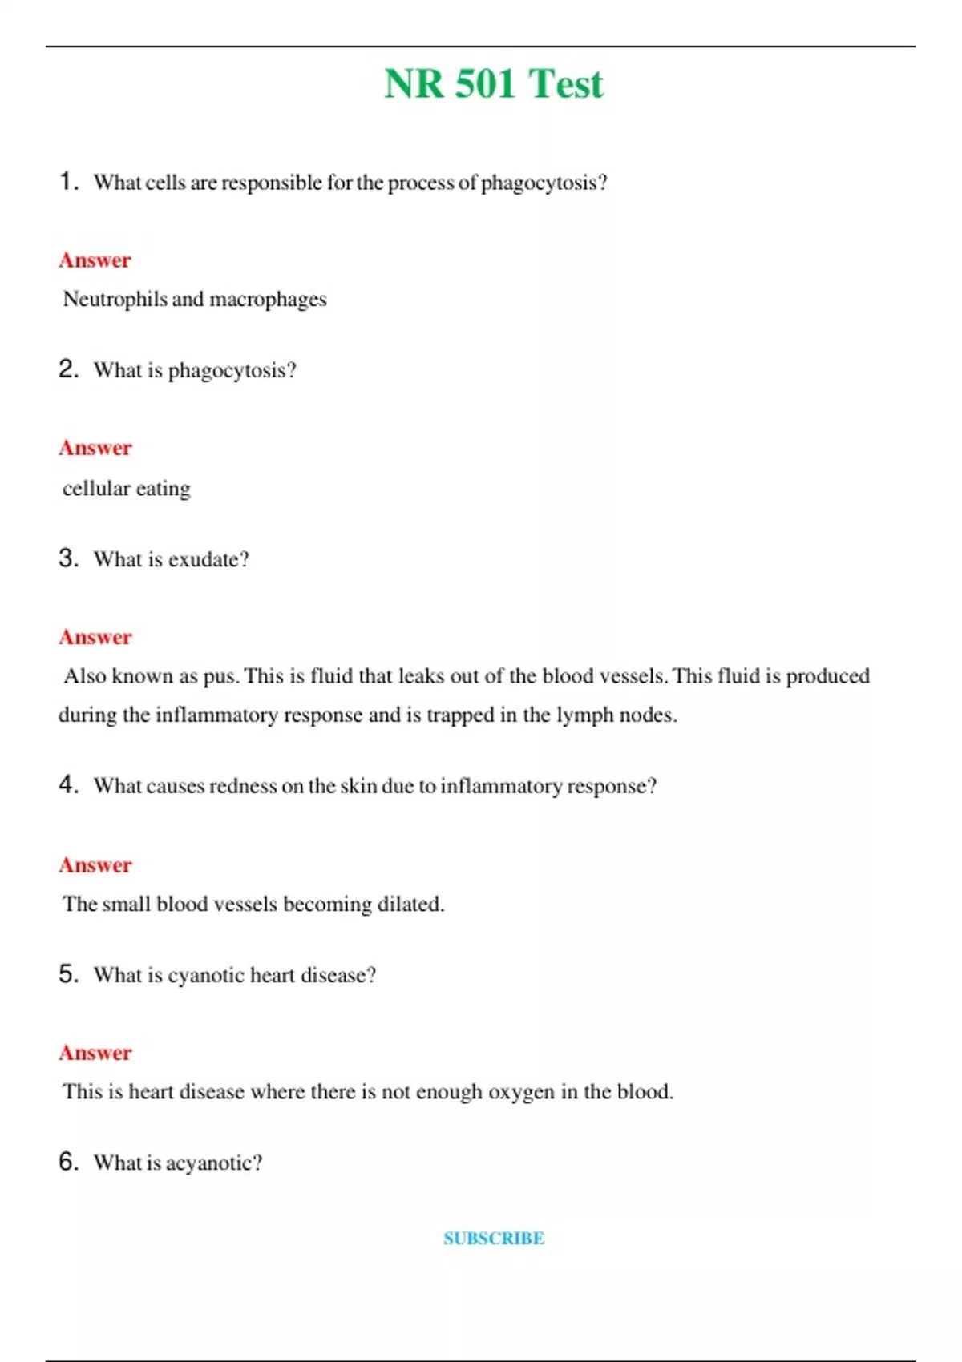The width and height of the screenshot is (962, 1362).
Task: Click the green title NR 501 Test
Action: pos(493,83)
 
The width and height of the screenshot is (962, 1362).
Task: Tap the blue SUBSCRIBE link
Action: pos(494,1239)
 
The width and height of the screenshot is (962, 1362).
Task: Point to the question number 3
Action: pos(68,558)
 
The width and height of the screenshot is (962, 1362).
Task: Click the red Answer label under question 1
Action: pos(95,260)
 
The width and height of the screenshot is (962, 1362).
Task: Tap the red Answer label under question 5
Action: pos(95,1053)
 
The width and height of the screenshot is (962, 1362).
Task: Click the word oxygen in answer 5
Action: pos(521,1092)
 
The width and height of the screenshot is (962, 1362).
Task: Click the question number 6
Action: pos(68,1162)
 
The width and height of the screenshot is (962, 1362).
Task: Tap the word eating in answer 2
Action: pos(164,489)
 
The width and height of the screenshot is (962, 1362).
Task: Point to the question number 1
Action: pos(68,181)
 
